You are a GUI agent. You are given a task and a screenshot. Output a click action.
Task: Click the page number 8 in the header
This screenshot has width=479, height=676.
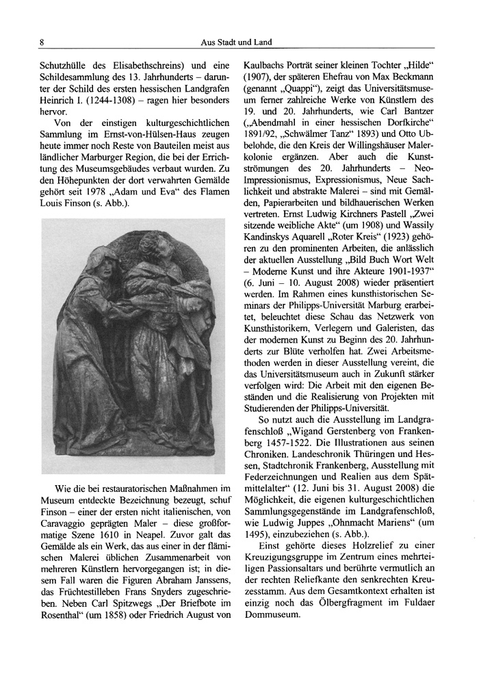tap(42, 42)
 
